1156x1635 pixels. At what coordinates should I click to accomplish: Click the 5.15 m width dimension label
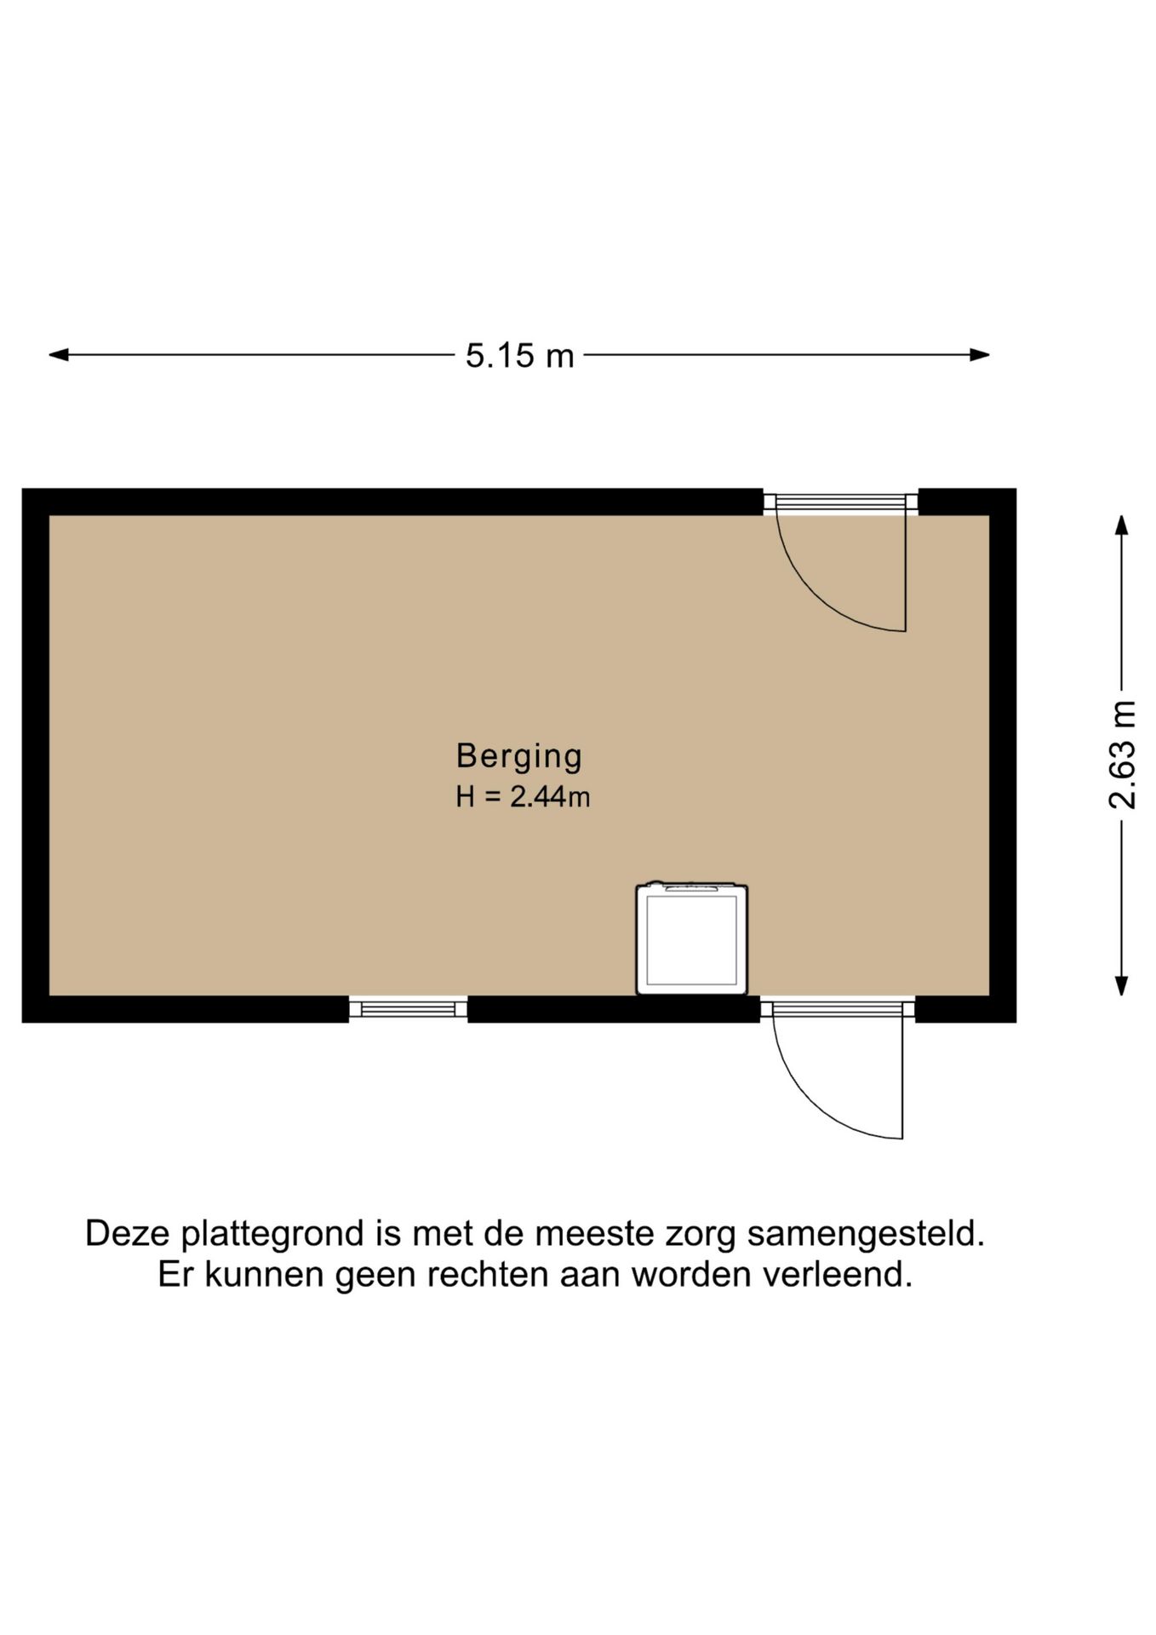coord(519,355)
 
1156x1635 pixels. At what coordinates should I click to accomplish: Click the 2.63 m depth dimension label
coord(1122,754)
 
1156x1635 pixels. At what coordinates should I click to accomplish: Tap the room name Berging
coord(518,755)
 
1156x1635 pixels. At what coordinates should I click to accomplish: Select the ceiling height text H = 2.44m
coord(523,797)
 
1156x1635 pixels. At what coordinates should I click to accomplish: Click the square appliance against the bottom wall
coord(691,938)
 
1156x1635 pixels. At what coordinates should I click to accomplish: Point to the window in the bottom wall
coord(408,1009)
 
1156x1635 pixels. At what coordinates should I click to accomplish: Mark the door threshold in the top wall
coord(840,502)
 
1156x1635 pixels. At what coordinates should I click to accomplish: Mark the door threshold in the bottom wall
coord(837,1009)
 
